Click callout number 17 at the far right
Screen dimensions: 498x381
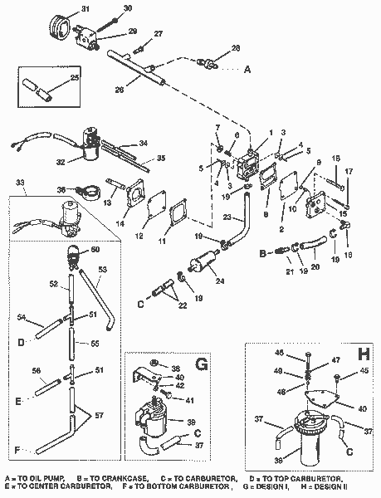pos(348,171)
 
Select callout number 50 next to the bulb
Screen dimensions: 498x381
pos(94,250)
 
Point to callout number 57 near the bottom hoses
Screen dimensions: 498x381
pos(100,413)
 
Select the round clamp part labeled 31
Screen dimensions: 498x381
pos(57,24)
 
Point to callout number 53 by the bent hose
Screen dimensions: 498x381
pos(104,270)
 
